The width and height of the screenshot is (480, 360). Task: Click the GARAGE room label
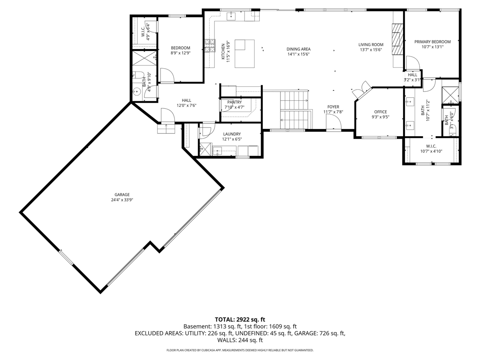pos(122,195)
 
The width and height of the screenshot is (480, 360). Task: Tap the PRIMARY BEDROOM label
pos(432,42)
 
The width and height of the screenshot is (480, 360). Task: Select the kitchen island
pos(244,53)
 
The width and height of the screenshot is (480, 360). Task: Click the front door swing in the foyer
pos(333,122)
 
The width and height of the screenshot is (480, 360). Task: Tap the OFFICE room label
pos(380,112)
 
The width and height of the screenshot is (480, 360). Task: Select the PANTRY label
pos(234,102)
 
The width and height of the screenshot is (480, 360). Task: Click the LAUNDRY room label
pos(232,134)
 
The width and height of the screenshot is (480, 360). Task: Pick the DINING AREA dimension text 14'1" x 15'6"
pos(298,54)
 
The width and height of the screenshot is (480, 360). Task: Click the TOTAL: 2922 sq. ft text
pos(240,319)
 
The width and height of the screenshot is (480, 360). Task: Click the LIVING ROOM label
pos(370,45)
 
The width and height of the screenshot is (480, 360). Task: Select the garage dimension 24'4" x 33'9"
pos(122,200)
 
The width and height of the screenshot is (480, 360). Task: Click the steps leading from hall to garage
pos(166,129)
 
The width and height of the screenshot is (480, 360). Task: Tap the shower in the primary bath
pos(450,94)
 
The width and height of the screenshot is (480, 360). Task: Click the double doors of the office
pos(361,89)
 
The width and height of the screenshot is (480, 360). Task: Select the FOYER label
pos(333,107)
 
